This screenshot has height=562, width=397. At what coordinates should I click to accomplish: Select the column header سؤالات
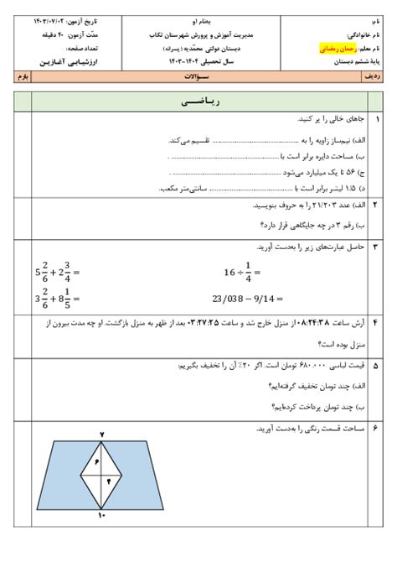[198, 76]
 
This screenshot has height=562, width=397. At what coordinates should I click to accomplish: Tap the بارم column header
[23, 76]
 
